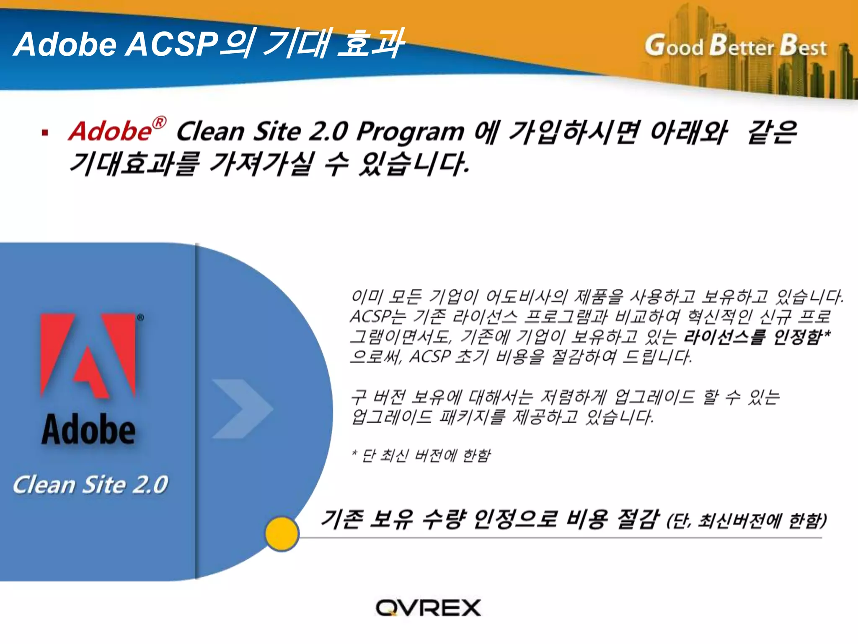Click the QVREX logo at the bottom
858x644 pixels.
coord(428,608)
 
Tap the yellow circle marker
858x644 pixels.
coord(282,534)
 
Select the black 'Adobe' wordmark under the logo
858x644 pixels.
coord(88,429)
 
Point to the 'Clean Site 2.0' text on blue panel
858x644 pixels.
coord(90,485)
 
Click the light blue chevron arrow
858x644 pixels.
coord(242,409)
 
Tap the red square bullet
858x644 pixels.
coord(45,133)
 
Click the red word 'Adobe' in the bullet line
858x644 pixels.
coord(110,131)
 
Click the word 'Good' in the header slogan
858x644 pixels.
coord(674,46)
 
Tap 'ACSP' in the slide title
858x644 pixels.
coord(172,44)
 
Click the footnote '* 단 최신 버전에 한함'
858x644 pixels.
coord(421,455)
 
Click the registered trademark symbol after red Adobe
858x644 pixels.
coord(159,123)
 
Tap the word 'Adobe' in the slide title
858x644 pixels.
coord(65,44)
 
